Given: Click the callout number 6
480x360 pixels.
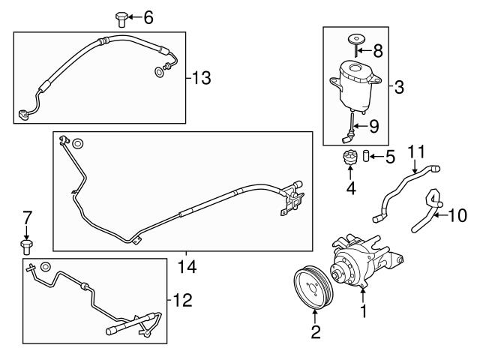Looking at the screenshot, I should pyautogui.click(x=147, y=16).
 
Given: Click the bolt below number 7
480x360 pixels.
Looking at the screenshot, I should pyautogui.click(x=27, y=244).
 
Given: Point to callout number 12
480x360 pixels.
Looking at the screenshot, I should pyautogui.click(x=182, y=301).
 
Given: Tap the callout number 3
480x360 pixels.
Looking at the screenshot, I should pyautogui.click(x=399, y=88).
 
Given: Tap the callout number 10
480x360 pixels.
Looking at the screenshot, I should pyautogui.click(x=457, y=217).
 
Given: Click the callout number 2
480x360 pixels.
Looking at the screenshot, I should pyautogui.click(x=316, y=332).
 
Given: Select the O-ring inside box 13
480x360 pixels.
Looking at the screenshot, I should pyautogui.click(x=159, y=71).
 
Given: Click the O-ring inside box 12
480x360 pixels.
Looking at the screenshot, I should pyautogui.click(x=46, y=267).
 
